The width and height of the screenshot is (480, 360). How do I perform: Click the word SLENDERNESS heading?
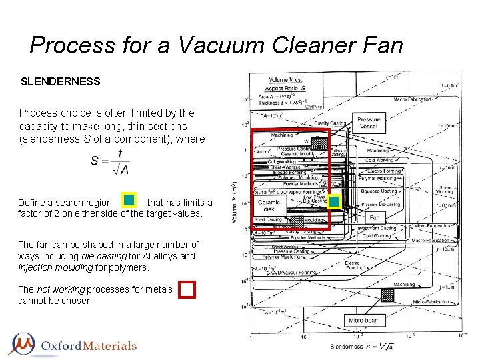click(61, 82)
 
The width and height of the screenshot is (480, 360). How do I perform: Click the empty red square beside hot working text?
click(187, 289)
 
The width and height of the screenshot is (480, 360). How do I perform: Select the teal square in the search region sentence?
click(129, 201)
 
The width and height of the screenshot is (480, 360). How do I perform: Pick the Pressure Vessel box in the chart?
click(368, 124)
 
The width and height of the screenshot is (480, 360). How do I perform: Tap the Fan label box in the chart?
click(375, 218)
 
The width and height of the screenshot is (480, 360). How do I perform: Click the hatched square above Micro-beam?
click(387, 295)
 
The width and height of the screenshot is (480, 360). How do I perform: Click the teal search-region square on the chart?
click(335, 201)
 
